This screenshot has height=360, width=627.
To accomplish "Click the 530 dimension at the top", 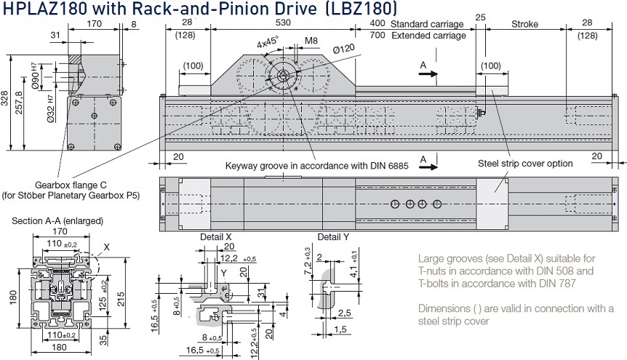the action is click(283, 23).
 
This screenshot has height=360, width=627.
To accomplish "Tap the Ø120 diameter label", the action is click(343, 49).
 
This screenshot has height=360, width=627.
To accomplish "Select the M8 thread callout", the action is click(311, 41).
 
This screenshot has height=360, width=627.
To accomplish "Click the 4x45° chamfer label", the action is click(268, 42).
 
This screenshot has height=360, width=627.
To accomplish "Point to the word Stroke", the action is click(524, 24).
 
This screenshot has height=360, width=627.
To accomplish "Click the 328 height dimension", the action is click(4, 98).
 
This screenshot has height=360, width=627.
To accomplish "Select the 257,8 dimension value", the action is click(19, 103).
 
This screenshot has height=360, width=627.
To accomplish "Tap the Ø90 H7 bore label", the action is click(35, 76).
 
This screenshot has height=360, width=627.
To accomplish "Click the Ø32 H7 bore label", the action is click(50, 108).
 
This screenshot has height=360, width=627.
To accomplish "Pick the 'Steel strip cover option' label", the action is click(525, 163).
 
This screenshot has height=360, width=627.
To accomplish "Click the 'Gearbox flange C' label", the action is click(71, 185).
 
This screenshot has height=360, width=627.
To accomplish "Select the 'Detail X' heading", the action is click(216, 237).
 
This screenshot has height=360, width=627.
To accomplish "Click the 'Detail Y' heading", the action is click(333, 237).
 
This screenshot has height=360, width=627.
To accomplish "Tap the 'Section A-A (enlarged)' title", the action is click(57, 221).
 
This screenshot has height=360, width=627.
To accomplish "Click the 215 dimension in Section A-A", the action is click(120, 299).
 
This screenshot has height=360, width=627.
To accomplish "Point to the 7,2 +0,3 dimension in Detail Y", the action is click(307, 261).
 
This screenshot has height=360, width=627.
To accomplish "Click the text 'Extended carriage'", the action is click(428, 36).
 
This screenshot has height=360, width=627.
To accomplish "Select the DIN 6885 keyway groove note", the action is click(316, 166).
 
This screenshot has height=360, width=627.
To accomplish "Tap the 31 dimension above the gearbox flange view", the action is click(55, 35).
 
